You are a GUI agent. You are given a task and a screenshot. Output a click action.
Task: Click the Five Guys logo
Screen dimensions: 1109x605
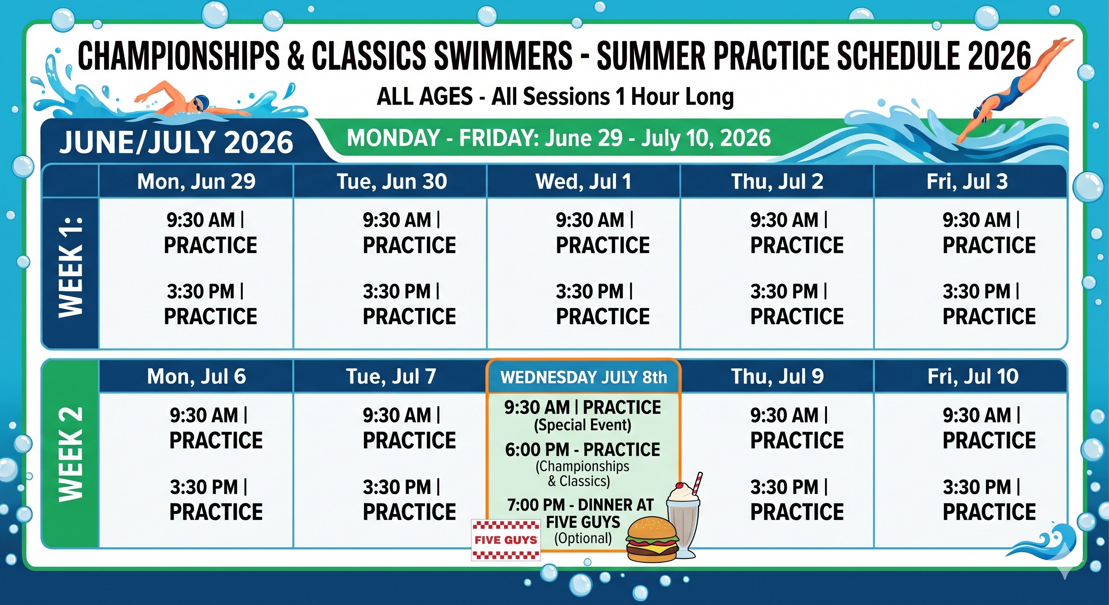pyautogui.click(x=506, y=540)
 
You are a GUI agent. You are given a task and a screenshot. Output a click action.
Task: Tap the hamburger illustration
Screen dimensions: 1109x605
pyautogui.click(x=652, y=539)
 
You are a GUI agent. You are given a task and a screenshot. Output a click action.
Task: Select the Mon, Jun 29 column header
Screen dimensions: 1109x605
pyautogui.click(x=196, y=181)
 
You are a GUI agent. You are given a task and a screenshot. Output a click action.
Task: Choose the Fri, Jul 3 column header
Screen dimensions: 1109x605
pyautogui.click(x=967, y=181)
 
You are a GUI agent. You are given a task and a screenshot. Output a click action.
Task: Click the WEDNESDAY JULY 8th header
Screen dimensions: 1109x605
pyautogui.click(x=583, y=377)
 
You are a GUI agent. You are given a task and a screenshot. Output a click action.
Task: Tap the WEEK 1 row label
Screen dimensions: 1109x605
pyautogui.click(x=70, y=267)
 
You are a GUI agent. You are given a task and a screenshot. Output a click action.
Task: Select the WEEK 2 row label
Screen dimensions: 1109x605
pyautogui.click(x=70, y=454)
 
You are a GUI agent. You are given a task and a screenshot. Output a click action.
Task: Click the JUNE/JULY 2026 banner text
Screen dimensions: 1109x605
pyautogui.click(x=176, y=142)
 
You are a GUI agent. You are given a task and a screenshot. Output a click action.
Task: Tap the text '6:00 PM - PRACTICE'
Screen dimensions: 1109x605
pyautogui.click(x=582, y=449)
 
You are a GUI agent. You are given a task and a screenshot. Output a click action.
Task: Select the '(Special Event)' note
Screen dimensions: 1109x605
pyautogui.click(x=582, y=425)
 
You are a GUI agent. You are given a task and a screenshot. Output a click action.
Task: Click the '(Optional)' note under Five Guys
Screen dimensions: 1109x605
pyautogui.click(x=583, y=538)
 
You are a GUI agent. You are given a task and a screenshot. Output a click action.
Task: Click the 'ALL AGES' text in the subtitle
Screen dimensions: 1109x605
pyautogui.click(x=425, y=96)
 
